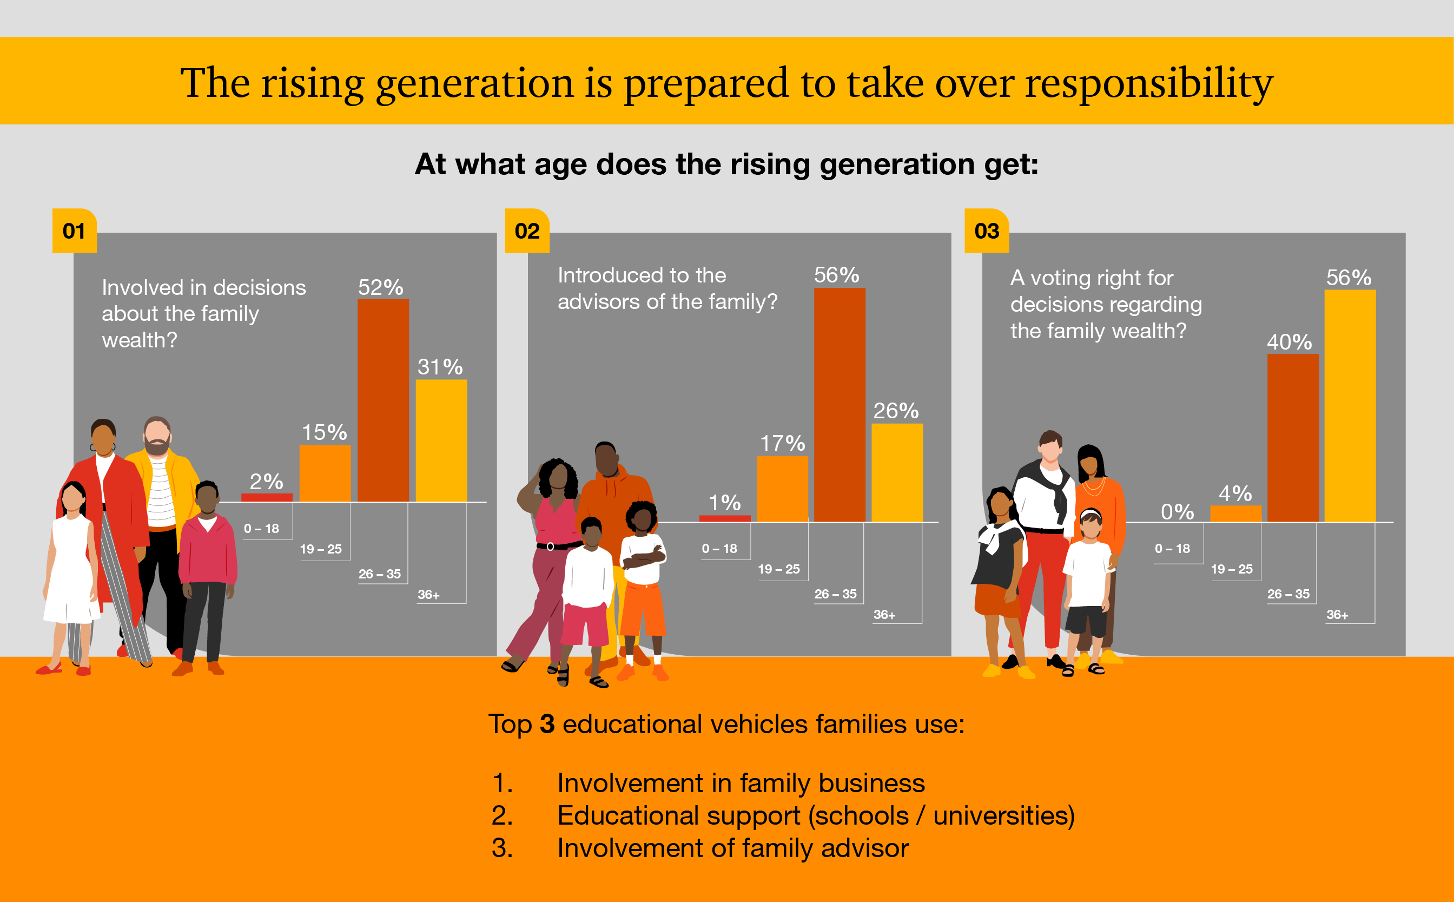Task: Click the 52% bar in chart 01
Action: coord(383,400)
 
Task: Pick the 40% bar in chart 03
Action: coord(1292,438)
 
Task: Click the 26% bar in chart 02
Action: coord(897,472)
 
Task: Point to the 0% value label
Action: coord(1177,511)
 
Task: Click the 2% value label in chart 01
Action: coord(266,481)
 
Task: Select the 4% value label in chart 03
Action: coord(1234,493)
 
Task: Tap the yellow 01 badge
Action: coord(74,231)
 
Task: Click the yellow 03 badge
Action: coord(987,231)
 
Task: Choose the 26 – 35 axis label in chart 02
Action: coord(835,594)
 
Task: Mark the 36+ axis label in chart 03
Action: coord(1337,615)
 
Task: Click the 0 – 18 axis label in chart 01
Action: coord(261,529)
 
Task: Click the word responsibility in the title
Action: coord(1148,83)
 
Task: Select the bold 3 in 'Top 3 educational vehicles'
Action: coord(547,724)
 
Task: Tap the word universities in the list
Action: coord(1004,815)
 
